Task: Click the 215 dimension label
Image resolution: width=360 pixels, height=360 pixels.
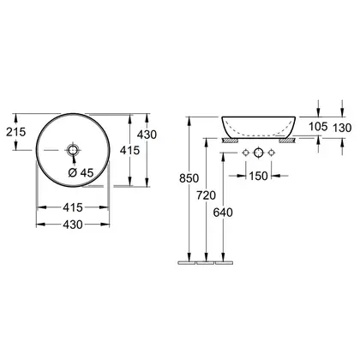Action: click(x=16, y=132)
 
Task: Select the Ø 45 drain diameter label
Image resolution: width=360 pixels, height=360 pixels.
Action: click(x=81, y=172)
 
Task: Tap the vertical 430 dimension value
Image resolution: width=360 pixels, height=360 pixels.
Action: click(x=147, y=135)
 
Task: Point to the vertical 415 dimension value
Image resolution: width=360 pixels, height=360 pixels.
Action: click(x=129, y=150)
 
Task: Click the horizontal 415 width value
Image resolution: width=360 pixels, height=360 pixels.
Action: click(x=73, y=207)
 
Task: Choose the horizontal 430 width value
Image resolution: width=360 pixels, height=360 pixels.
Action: click(x=73, y=225)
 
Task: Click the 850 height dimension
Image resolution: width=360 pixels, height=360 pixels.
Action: click(x=189, y=178)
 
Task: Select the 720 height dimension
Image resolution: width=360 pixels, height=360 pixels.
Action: click(x=206, y=195)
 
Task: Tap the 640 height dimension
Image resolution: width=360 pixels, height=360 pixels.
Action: click(x=223, y=213)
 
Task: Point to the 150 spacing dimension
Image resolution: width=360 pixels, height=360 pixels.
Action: click(x=258, y=176)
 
